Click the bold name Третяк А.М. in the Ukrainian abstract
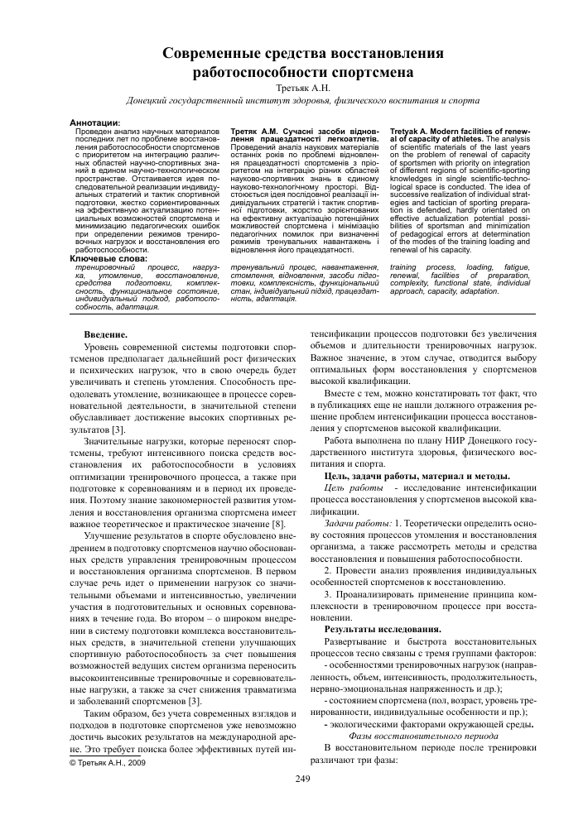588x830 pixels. pyautogui.click(x=258, y=131)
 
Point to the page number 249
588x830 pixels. pyautogui.click(x=302, y=779)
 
